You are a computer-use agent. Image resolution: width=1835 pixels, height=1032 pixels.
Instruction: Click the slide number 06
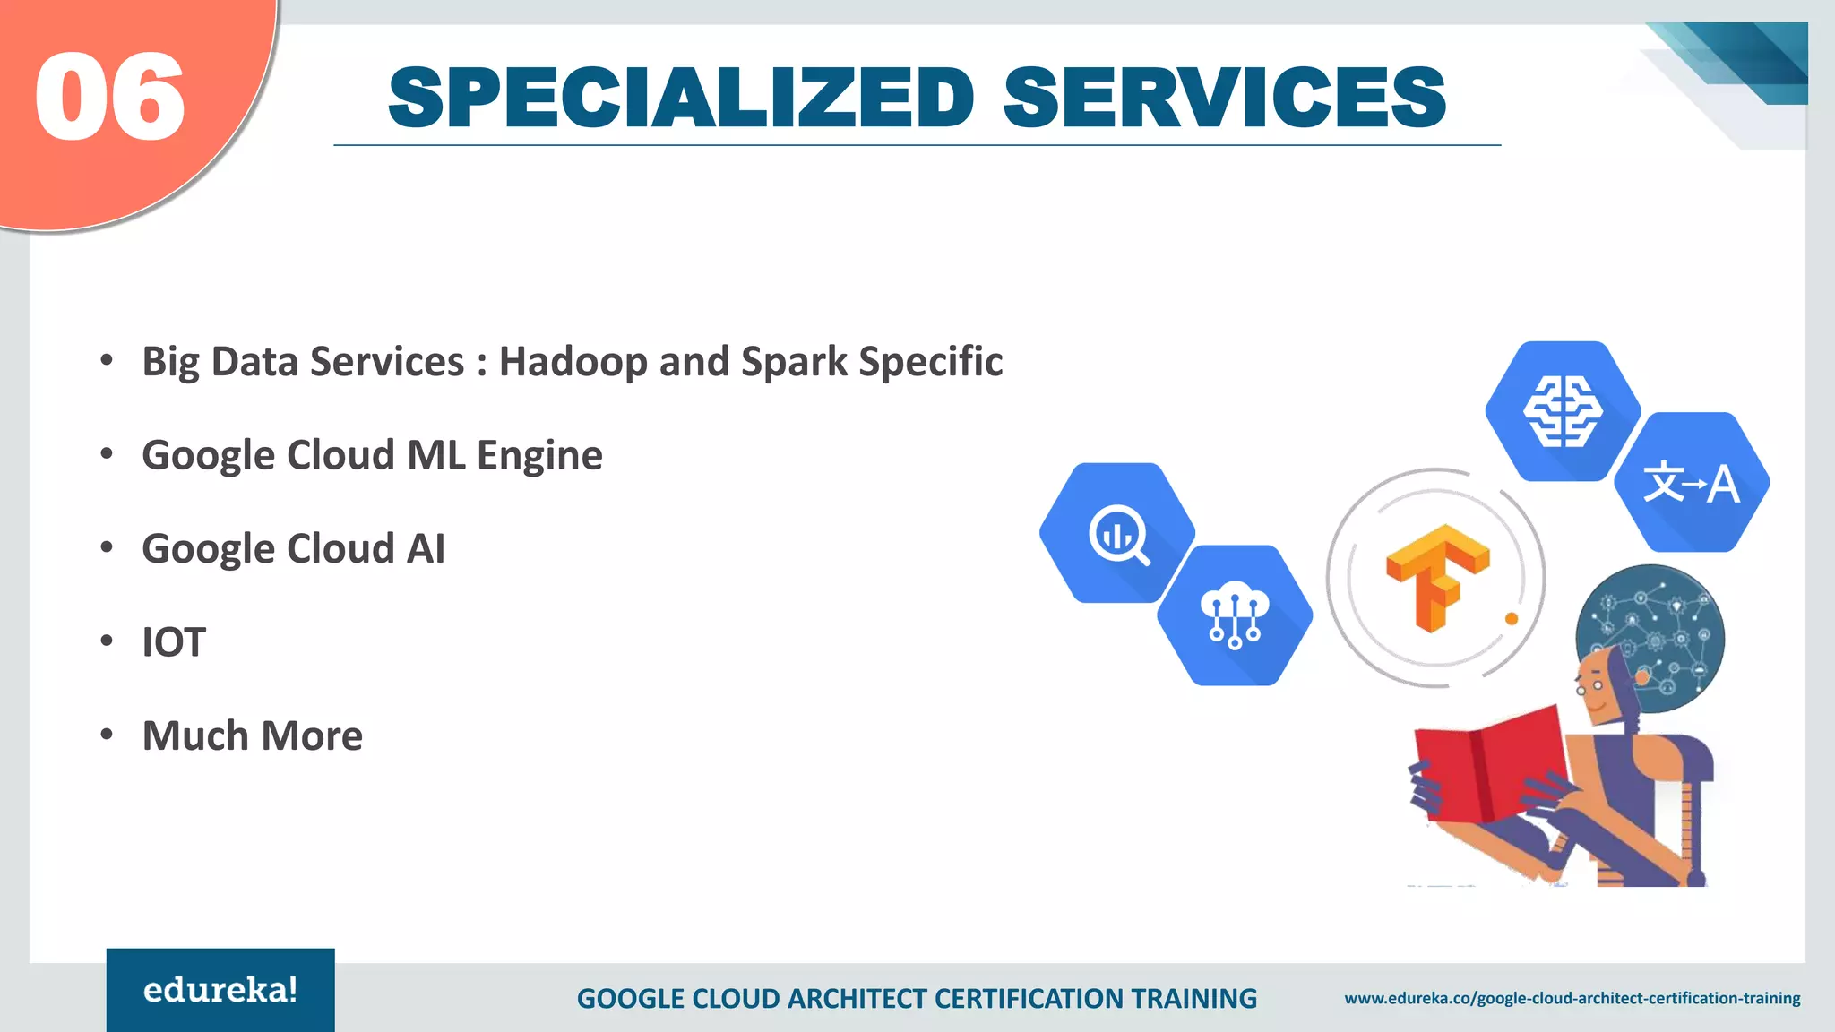[x=109, y=97]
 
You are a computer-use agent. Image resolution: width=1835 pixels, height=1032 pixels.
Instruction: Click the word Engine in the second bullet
[x=539, y=456]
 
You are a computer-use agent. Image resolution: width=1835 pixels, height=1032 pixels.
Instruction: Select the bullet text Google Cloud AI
[x=293, y=548]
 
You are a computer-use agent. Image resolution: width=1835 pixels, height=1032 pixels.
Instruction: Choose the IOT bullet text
[x=174, y=642]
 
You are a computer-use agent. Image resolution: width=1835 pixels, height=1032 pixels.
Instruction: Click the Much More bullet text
[x=252, y=735]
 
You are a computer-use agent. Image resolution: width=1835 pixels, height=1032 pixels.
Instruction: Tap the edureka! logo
[x=220, y=990]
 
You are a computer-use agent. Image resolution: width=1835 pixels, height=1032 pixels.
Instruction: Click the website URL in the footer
[x=1572, y=998]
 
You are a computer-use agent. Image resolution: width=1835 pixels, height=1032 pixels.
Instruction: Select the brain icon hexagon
[x=1563, y=411]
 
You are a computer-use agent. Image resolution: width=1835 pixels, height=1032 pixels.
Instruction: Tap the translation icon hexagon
[x=1691, y=482]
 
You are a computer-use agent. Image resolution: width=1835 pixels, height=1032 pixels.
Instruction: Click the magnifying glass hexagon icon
[x=1117, y=533]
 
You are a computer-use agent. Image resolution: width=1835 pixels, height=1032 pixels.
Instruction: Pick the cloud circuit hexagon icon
[x=1235, y=615]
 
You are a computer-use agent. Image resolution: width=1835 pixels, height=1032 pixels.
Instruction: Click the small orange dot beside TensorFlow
[x=1512, y=619]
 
